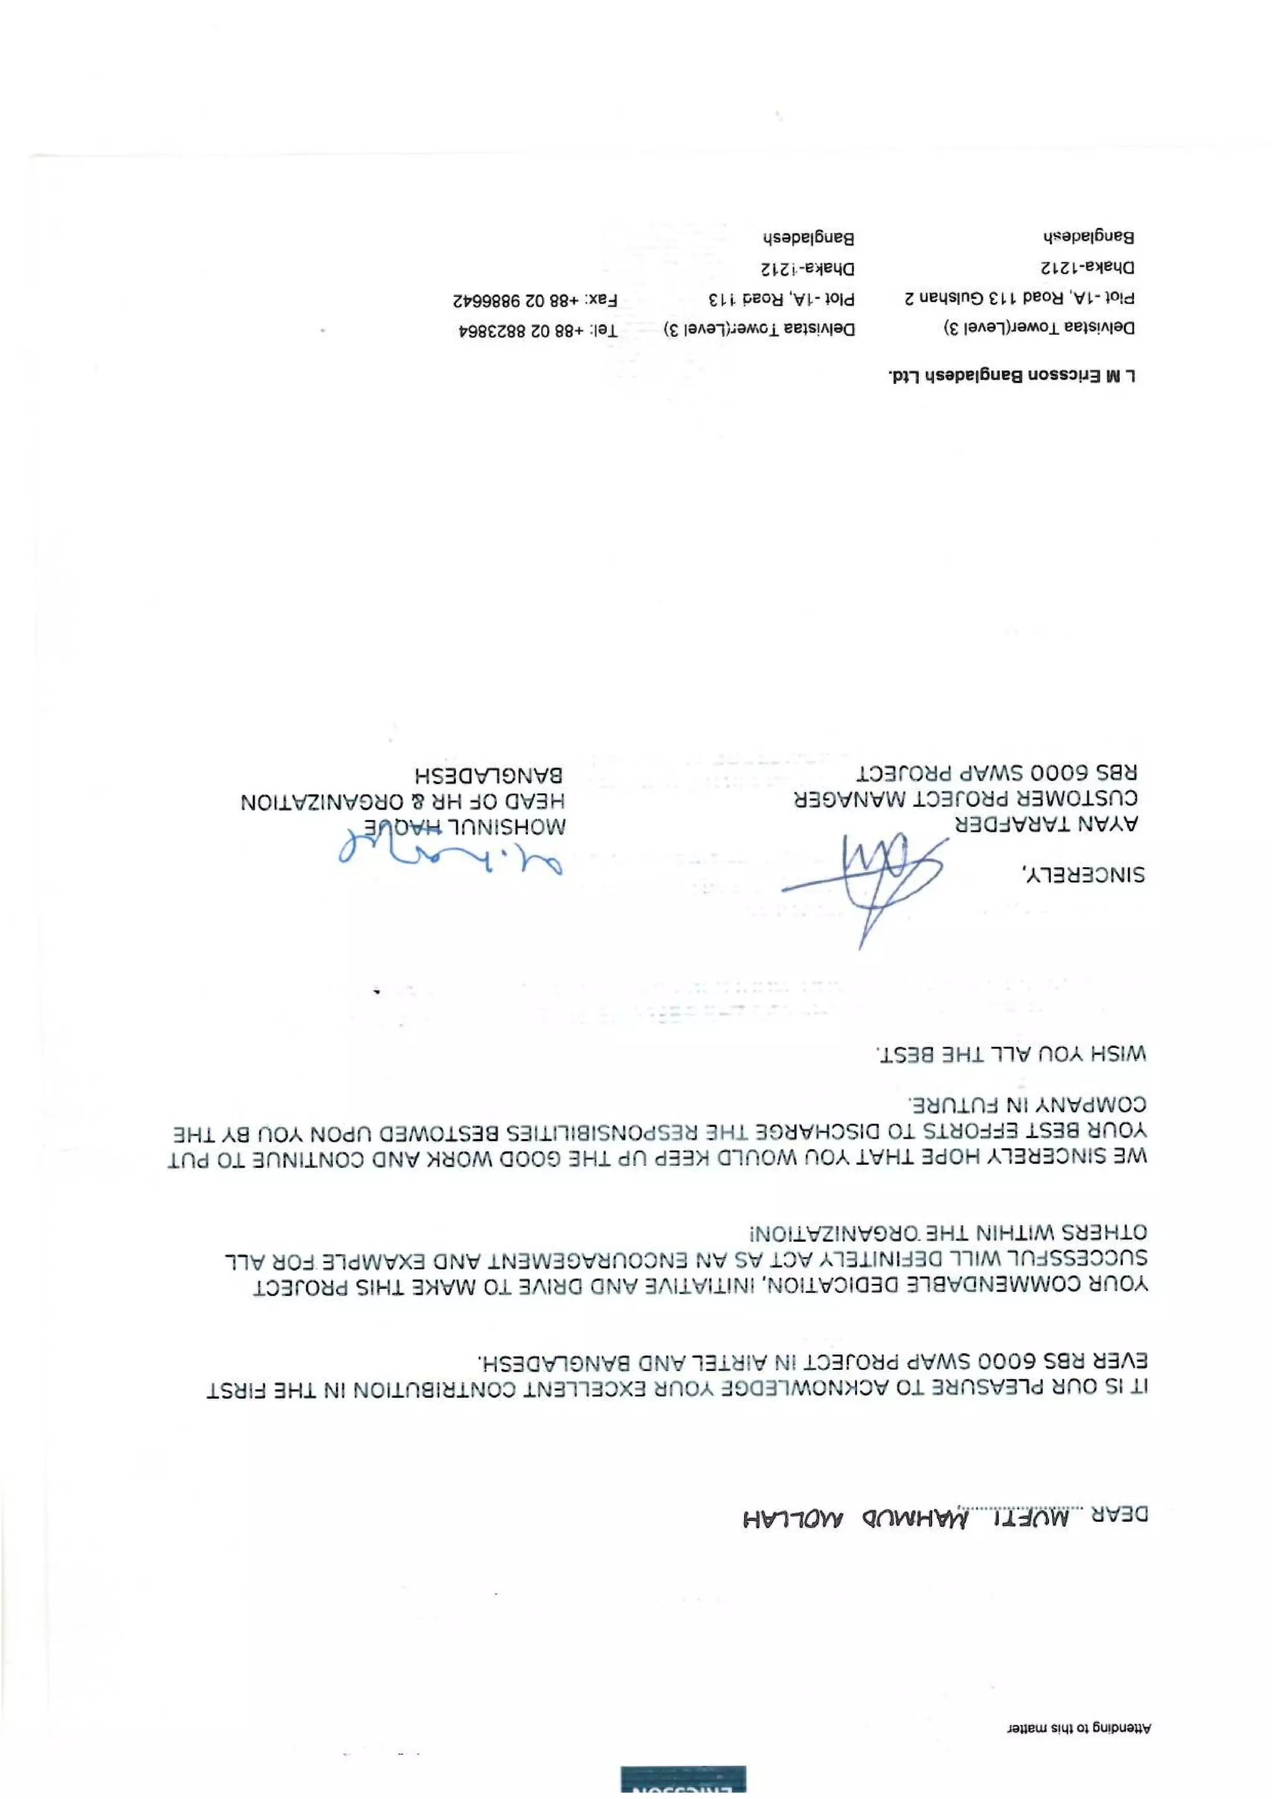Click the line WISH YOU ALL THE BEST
1011,1054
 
